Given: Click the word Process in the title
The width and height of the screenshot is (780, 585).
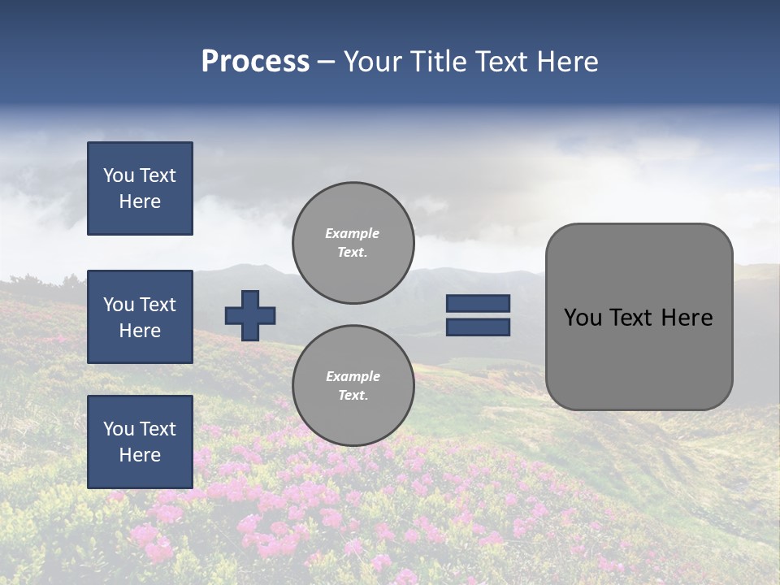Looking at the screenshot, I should click(x=255, y=62).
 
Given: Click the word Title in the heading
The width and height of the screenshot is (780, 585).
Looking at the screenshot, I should click(x=437, y=62).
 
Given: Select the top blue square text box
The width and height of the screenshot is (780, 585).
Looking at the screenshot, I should click(x=140, y=188).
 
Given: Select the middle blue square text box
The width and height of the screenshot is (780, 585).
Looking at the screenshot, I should click(x=140, y=317).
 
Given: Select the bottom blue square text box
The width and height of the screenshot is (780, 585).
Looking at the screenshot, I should click(x=140, y=442).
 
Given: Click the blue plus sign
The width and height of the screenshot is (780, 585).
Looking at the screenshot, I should click(x=250, y=315).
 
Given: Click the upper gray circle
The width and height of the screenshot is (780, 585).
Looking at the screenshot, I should click(x=353, y=243).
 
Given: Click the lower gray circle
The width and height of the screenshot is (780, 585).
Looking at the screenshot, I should click(x=353, y=386).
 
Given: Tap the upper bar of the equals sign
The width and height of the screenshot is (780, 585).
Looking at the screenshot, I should click(x=478, y=304).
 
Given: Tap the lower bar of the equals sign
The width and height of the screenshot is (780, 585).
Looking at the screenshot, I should click(x=478, y=327).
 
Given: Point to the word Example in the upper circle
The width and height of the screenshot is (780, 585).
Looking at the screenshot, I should click(x=353, y=233).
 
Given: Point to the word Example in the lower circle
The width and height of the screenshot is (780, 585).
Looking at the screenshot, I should click(x=353, y=376).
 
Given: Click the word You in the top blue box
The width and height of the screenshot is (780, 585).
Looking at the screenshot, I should click(x=119, y=175).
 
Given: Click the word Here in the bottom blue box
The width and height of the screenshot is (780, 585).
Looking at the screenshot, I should click(x=140, y=455).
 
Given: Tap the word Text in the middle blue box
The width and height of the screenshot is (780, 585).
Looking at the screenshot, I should click(x=158, y=305).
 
